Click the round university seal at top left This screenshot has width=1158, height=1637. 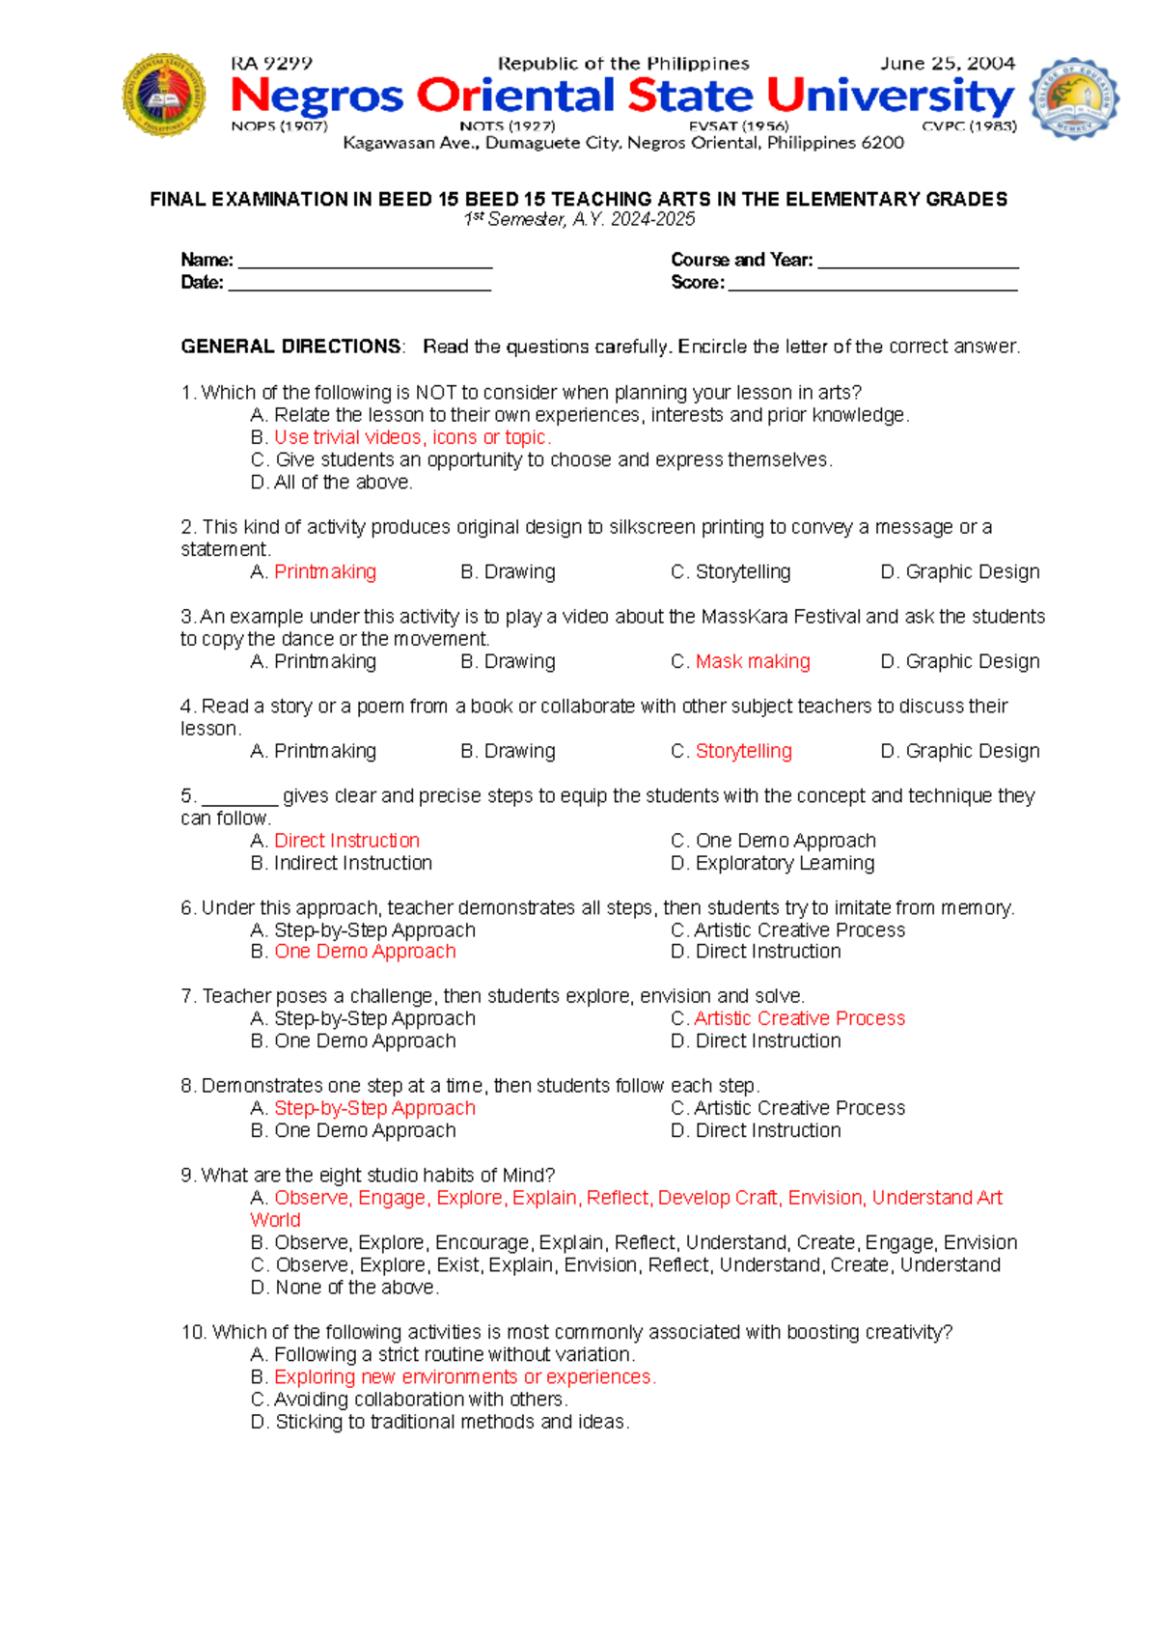pyautogui.click(x=164, y=95)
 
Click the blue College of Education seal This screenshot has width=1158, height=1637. pyautogui.click(x=1074, y=97)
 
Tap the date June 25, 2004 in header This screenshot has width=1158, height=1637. pyautogui.click(x=947, y=64)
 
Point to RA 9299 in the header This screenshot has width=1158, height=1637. pyautogui.click(x=271, y=64)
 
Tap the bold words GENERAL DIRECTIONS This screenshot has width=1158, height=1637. pyautogui.click(x=290, y=347)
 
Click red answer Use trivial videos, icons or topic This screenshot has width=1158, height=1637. pyautogui.click(x=412, y=437)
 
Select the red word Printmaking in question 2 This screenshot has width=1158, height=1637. pyautogui.click(x=325, y=571)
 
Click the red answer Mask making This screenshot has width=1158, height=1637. pyautogui.click(x=753, y=661)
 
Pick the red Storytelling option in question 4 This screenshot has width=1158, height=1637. pyautogui.click(x=743, y=751)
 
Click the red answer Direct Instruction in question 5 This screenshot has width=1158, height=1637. pyautogui.click(x=346, y=841)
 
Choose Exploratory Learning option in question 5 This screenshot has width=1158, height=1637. pyautogui.click(x=785, y=863)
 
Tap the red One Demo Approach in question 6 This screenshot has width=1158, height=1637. pyautogui.click(x=365, y=952)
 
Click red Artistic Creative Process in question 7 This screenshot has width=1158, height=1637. pyautogui.click(x=799, y=1018)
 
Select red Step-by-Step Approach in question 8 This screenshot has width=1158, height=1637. pyautogui.click(x=374, y=1108)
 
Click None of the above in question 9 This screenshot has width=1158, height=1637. pyautogui.click(x=356, y=1288)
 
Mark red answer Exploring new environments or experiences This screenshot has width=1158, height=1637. pyautogui.click(x=464, y=1377)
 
